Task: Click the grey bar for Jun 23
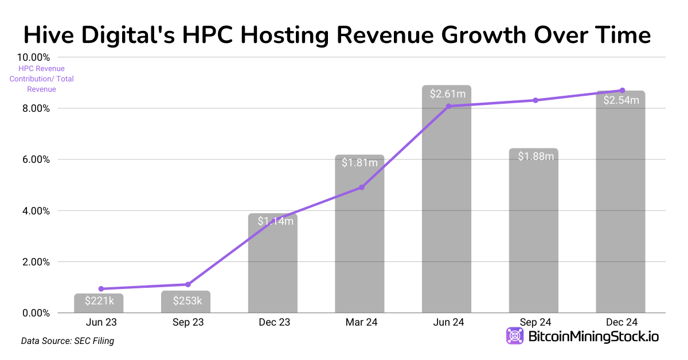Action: click(x=99, y=303)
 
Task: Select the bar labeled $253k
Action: click(x=186, y=302)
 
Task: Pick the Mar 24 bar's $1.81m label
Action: click(x=359, y=162)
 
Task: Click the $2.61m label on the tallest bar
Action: click(x=447, y=94)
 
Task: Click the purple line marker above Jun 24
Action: click(x=449, y=106)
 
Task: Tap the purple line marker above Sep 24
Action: click(x=535, y=100)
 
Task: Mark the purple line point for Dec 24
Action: click(x=622, y=91)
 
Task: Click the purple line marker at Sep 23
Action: click(x=188, y=284)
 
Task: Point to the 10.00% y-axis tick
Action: click(x=34, y=57)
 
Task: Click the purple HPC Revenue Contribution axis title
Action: click(x=41, y=79)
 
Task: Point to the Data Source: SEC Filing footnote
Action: click(x=68, y=341)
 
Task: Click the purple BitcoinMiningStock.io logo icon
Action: click(x=514, y=336)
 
